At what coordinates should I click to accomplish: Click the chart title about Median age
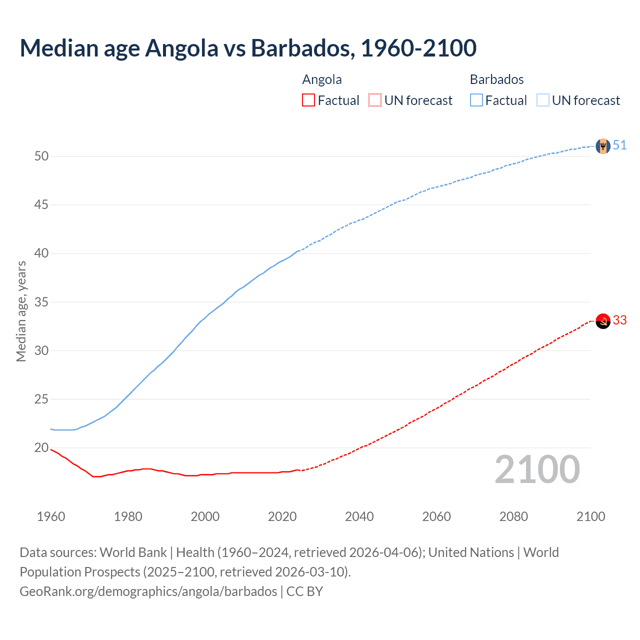click(248, 48)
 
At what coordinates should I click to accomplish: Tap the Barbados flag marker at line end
click(603, 146)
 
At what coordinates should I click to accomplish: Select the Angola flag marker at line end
click(603, 321)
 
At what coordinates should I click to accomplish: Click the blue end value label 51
click(619, 145)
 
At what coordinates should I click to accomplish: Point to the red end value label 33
click(619, 320)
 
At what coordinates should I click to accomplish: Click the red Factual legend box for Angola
click(308, 100)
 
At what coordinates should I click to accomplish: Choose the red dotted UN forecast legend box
click(375, 100)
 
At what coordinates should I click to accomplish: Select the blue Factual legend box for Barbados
click(476, 100)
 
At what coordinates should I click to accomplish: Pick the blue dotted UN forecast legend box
click(543, 100)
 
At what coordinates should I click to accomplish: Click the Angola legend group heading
click(322, 79)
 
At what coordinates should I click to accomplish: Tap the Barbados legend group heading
click(496, 79)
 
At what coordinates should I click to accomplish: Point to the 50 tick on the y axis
click(41, 156)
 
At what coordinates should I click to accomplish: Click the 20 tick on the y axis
click(41, 448)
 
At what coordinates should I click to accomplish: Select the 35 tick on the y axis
click(41, 302)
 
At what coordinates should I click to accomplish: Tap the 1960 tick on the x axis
click(51, 516)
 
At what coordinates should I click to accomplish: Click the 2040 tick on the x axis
click(359, 516)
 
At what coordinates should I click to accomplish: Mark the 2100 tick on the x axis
click(590, 516)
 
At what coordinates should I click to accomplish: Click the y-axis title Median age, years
click(21, 311)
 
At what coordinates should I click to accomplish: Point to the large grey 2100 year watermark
click(537, 470)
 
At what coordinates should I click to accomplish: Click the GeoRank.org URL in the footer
click(148, 591)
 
